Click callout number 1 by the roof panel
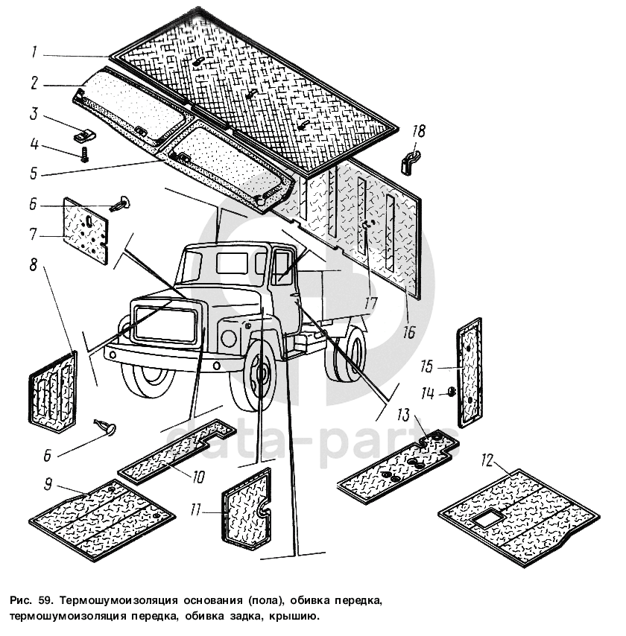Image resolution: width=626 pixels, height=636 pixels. pos(34,52)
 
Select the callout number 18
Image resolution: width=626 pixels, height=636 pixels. pos(419,131)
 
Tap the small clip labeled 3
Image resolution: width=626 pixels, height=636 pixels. pos(84,135)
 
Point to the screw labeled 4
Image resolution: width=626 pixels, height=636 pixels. pos(84,155)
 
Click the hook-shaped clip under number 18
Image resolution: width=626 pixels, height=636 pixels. pos(410,162)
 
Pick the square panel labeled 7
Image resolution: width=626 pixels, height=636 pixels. pos(86,230)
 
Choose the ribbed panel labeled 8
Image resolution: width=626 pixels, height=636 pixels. pos(53,392)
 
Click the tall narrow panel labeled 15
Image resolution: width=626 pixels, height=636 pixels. pos(469,372)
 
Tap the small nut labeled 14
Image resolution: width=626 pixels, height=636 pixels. pos(451,392)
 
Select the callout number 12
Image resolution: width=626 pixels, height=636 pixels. pos(487,461)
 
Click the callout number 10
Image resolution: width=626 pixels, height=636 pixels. pos(198,477)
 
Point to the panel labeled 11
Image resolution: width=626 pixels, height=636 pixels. pos(247,509)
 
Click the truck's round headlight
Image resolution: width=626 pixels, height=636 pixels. pos(228,338)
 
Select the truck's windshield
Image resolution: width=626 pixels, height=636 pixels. pos(192,266)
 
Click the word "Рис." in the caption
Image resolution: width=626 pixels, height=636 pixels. pos(19,600)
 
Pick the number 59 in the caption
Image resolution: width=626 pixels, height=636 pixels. pos(42,600)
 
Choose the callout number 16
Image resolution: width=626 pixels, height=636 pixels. pos(409,332)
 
